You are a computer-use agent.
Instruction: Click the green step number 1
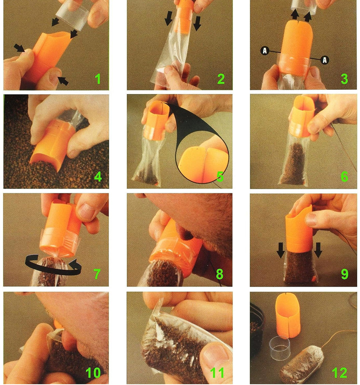(x=98, y=79)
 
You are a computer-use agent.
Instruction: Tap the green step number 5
(x=220, y=176)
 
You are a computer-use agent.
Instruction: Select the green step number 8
(x=220, y=274)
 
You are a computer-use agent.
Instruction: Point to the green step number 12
(x=340, y=373)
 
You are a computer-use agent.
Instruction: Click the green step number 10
(x=94, y=373)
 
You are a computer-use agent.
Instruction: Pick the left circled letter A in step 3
(x=265, y=50)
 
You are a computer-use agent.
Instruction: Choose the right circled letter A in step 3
(x=324, y=60)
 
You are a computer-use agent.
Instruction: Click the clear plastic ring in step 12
(x=280, y=348)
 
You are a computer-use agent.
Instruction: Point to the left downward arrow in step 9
(x=280, y=250)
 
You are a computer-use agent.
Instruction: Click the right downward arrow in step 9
(x=318, y=250)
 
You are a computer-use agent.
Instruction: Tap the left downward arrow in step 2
(x=168, y=18)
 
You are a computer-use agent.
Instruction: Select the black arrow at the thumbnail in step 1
(x=63, y=81)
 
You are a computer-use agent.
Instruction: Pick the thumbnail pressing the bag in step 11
(x=212, y=353)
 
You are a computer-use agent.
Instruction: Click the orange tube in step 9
(x=299, y=229)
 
